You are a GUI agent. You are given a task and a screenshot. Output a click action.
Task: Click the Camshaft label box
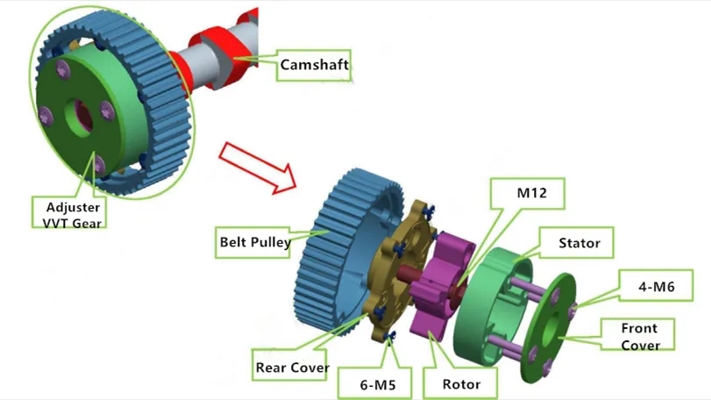[x=314, y=65]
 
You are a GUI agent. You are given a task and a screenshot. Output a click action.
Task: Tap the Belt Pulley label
[x=255, y=241]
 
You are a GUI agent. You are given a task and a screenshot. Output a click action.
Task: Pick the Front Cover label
[x=640, y=336]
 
